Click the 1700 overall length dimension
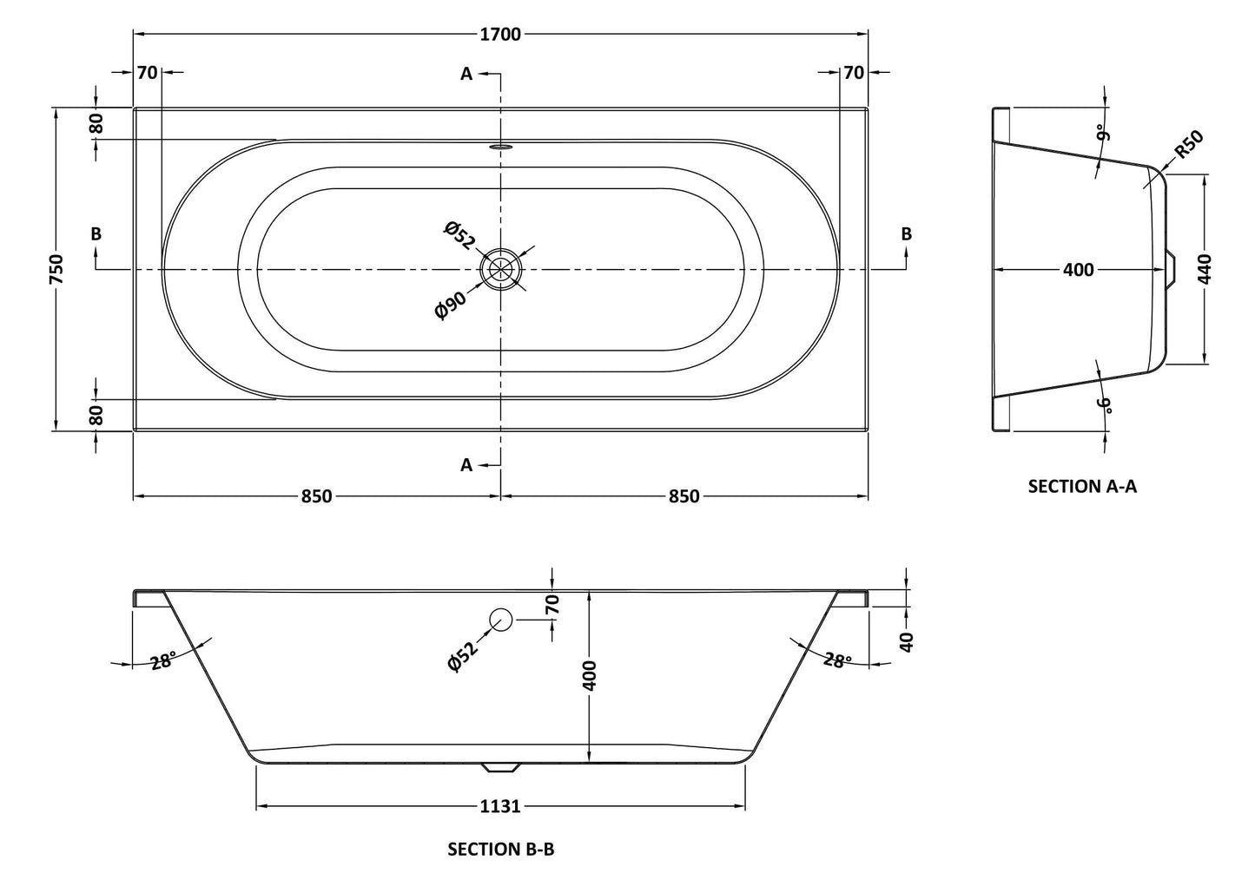[500, 34]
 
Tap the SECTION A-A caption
[1082, 486]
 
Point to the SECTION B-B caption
[500, 849]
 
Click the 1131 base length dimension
[500, 806]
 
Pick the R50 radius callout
[1188, 144]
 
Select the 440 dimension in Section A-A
[1205, 270]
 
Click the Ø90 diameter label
[451, 306]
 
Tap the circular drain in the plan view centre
[501, 270]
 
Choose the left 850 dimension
[316, 496]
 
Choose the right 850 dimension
[684, 496]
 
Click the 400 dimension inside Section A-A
[1078, 270]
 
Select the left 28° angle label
[162, 661]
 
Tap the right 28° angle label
[836, 661]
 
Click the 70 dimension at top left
[148, 73]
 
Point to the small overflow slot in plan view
[501, 147]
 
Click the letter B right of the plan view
[906, 233]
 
